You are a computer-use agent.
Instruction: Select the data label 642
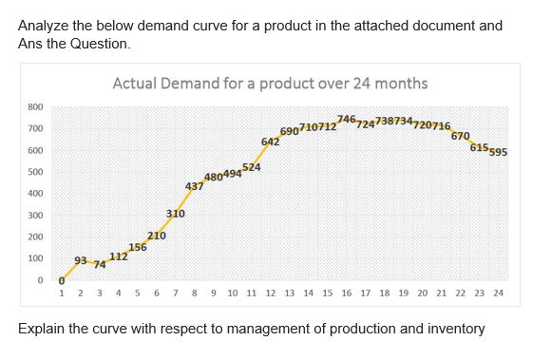pyautogui.click(x=270, y=142)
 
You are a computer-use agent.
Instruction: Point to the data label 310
pyautogui.click(x=175, y=215)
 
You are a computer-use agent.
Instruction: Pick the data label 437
pyautogui.click(x=194, y=186)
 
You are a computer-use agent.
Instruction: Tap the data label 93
pyautogui.click(x=81, y=259)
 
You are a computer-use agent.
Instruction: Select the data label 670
pyautogui.click(x=460, y=136)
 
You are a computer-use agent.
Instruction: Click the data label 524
pyautogui.click(x=252, y=168)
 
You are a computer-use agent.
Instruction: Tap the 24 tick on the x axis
pyautogui.click(x=499, y=294)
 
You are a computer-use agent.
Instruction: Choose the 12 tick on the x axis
pyautogui.click(x=270, y=294)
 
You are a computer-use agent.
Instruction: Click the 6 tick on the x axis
pyautogui.click(x=157, y=294)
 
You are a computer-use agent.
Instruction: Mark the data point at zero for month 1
pyautogui.click(x=62, y=280)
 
